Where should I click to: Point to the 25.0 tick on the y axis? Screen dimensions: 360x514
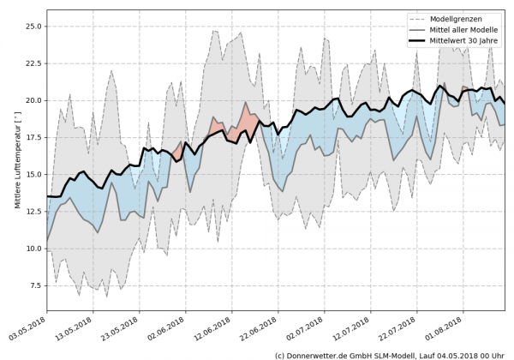tap(33, 26)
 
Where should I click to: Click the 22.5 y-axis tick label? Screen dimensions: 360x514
tap(33, 63)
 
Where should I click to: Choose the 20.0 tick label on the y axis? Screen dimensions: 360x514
tap(33, 100)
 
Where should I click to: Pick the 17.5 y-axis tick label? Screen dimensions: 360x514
tap(33, 137)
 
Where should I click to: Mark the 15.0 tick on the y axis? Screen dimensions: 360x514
tap(33, 175)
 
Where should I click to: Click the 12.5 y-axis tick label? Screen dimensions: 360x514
tap(33, 212)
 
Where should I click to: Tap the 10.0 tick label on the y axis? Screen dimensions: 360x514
tap(33, 249)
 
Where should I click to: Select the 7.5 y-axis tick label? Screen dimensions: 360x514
tap(35, 285)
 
